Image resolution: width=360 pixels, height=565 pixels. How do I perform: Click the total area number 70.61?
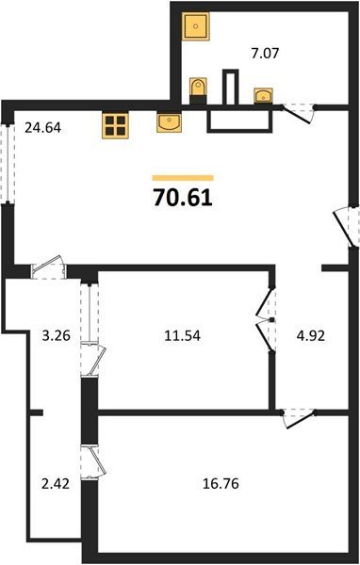[x=183, y=198]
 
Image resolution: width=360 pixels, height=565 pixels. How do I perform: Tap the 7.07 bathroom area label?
[x=265, y=54]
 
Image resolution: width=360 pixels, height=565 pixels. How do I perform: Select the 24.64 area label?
[x=43, y=127]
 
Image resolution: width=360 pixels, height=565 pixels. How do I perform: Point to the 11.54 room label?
[x=182, y=335]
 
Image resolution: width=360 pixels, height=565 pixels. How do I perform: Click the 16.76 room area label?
[x=221, y=483]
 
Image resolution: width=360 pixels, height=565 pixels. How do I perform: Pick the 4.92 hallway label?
[x=311, y=335]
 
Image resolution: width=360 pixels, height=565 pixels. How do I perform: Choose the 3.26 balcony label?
[x=56, y=335]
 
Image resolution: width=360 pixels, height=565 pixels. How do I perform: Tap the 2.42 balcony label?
[x=56, y=483]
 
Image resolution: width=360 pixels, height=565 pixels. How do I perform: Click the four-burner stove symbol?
[x=115, y=125]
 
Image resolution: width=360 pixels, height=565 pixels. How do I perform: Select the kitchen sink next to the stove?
[x=170, y=122]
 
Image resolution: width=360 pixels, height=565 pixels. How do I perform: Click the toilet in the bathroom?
[x=198, y=90]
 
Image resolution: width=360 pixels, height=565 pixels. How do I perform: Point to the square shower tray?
[x=195, y=26]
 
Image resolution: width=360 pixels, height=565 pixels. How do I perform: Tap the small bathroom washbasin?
[x=263, y=96]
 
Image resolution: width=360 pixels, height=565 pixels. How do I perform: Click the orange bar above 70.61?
[x=183, y=178]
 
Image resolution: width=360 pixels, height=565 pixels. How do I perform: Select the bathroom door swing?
[x=298, y=113]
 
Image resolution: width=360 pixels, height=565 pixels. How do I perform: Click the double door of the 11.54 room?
[x=266, y=319]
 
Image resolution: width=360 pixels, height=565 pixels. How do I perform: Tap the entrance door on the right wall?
[x=347, y=226]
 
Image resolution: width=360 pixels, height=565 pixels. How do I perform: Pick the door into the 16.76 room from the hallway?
[x=299, y=418]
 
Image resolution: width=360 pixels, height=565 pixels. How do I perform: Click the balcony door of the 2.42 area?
[x=93, y=462]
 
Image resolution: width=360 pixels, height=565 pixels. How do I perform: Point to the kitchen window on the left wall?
[x=8, y=164]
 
